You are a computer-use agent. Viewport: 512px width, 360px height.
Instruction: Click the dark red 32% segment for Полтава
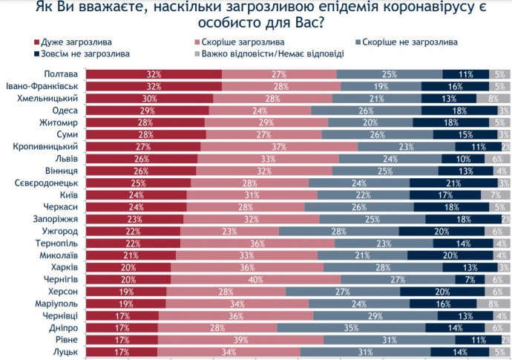154,74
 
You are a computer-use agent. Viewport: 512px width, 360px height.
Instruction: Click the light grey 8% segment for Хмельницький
492,98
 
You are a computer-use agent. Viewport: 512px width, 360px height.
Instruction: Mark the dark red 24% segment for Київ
136,194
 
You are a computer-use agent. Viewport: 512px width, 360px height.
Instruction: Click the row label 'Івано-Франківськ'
43,86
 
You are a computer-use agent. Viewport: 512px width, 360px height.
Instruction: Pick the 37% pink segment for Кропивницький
279,146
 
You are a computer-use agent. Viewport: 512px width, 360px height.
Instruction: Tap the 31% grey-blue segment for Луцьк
365,352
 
